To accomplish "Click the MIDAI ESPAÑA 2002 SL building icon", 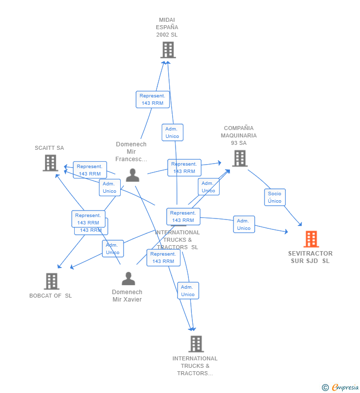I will [168, 50].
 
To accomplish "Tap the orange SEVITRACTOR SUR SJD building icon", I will [311, 239].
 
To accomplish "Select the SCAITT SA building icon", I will [50, 163].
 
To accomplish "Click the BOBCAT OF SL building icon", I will [51, 281].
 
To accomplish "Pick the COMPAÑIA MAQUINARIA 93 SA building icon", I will [240, 158].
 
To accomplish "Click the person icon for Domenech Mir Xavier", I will [128, 279].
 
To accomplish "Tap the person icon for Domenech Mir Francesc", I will [132, 175].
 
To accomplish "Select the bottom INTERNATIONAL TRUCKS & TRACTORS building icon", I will [196, 344].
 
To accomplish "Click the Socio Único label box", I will [274, 197].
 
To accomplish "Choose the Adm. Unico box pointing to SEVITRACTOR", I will [244, 224].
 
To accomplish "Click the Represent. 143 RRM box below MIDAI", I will [152, 99].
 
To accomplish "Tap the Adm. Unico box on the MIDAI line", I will [172, 132].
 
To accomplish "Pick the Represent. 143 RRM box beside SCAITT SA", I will [90, 170].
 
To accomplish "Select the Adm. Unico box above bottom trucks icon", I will [187, 291].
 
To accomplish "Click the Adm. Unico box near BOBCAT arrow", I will [113, 249].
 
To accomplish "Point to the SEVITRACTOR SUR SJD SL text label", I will [310, 257].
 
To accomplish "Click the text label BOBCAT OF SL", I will [50, 296].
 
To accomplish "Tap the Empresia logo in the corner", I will [345, 388].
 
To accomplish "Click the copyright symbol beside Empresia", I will [325, 388].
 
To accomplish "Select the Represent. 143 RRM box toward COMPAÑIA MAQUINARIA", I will [184, 168].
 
